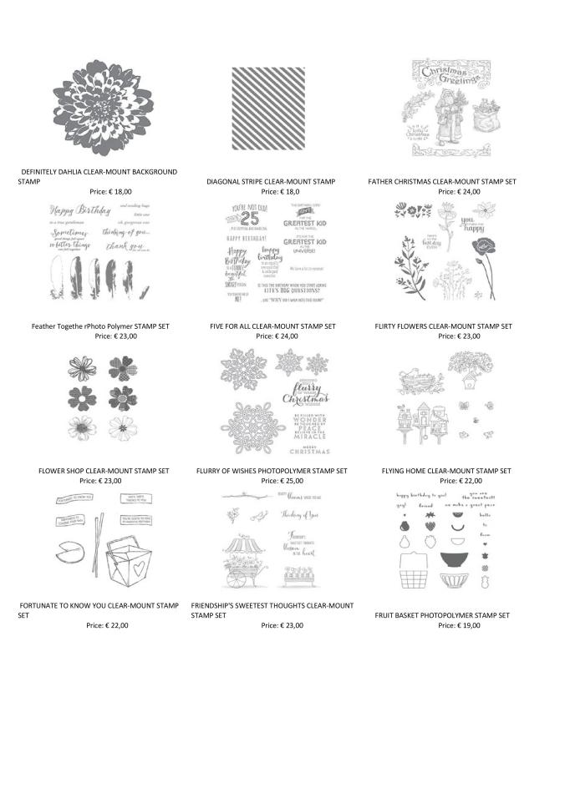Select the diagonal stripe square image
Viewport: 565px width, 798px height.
pyautogui.click(x=267, y=108)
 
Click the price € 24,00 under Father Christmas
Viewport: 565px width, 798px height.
pyautogui.click(x=458, y=191)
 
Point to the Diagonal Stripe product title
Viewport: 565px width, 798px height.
pyautogui.click(x=271, y=181)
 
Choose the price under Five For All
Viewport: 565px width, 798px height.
pyautogui.click(x=277, y=336)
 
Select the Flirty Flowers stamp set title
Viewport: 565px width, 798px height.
pyautogui.click(x=443, y=326)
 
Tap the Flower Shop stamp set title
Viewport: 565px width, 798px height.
pyautogui.click(x=104, y=471)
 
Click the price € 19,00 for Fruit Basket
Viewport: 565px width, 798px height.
pyautogui.click(x=459, y=625)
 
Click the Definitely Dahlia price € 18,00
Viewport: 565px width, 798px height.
pyautogui.click(x=110, y=191)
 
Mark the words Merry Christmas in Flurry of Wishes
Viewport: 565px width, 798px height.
pyautogui.click(x=311, y=447)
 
